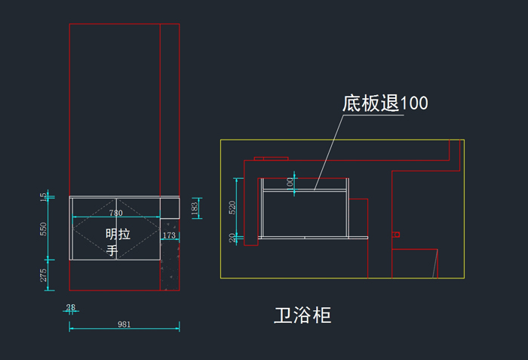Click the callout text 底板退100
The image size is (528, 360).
coord(385,103)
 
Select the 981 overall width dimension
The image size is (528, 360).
coord(124,325)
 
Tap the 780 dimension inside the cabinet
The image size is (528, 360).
coord(116,214)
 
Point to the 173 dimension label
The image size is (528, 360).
coord(169,237)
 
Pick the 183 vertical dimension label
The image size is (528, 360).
coord(195,208)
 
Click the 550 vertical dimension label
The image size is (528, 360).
coord(44,228)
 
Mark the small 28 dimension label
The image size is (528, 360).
coord(71,307)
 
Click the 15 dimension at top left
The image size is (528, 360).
coord(44,196)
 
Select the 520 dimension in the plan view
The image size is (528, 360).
coord(233,206)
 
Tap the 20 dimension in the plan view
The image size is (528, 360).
coord(233,238)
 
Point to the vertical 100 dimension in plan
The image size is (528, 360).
coord(290,182)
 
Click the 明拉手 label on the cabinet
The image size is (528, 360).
coord(117,242)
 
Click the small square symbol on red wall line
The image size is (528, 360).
coord(395,235)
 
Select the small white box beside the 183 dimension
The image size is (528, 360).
coord(170,208)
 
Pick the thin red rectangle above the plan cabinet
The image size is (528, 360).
coord(271,158)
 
